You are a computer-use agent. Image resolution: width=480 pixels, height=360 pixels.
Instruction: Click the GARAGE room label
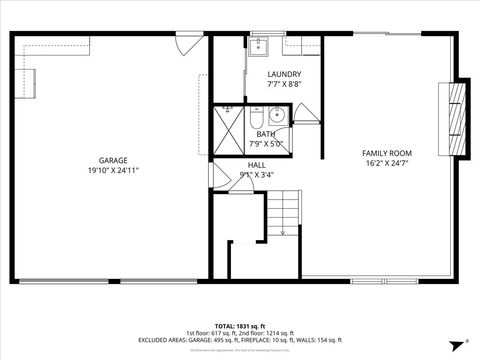(112, 160)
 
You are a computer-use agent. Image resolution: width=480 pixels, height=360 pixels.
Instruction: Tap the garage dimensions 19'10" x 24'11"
(112, 170)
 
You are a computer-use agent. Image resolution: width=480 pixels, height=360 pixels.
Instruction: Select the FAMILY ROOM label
(387, 153)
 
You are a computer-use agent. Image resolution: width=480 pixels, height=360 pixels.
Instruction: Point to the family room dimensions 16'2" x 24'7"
(387, 162)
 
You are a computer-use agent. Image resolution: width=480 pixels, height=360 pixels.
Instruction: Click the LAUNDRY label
(284, 75)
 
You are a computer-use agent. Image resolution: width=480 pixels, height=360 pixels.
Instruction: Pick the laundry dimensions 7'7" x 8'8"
(284, 85)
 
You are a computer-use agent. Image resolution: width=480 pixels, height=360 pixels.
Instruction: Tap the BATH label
(265, 134)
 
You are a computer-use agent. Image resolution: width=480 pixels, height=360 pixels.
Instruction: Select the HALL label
(257, 164)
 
